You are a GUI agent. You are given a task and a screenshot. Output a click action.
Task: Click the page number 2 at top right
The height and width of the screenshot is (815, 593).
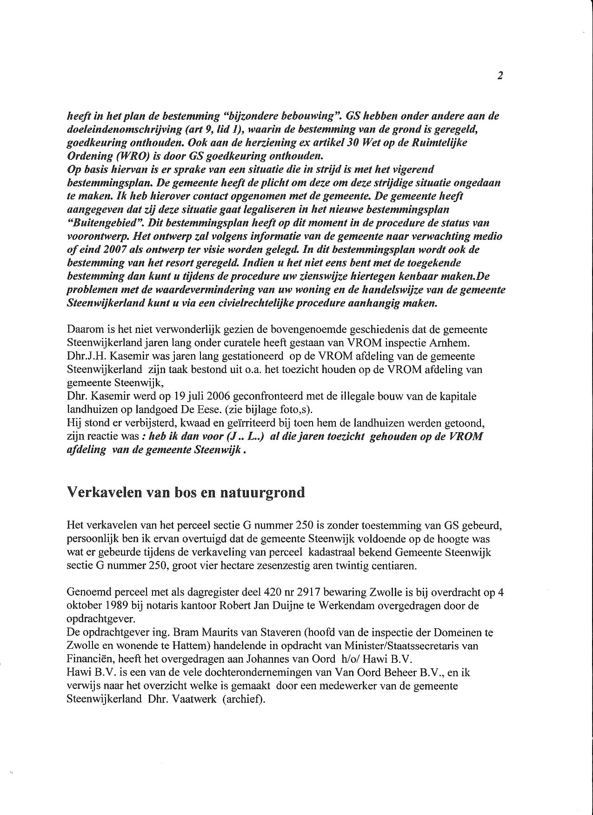tap(500, 76)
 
